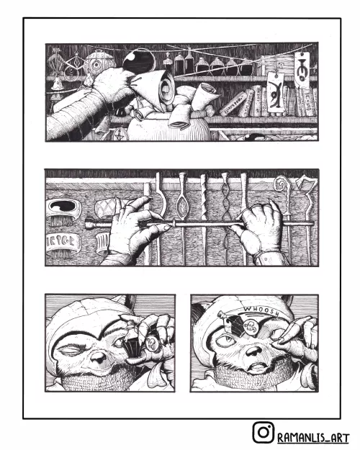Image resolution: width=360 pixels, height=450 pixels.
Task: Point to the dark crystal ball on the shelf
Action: click(134, 59)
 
